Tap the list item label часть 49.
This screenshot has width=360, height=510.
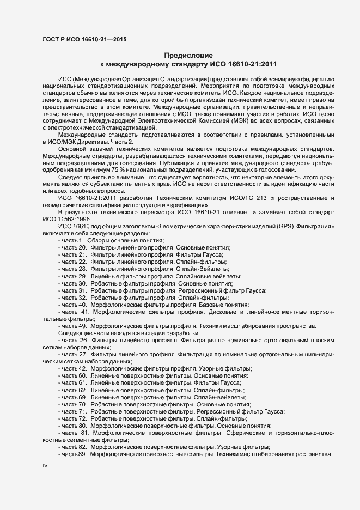[x=74, y=325]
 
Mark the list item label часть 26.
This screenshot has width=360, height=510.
[x=75, y=339]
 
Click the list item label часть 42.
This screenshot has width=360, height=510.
[x=74, y=368]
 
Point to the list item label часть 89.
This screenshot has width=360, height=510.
[x=74, y=454]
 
